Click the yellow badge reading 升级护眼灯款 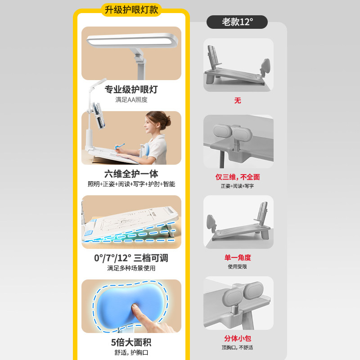coord(131,9)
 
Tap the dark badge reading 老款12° coord(237,22)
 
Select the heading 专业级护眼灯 coord(131,89)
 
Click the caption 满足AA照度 coord(131,99)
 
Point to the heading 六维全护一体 coord(131,174)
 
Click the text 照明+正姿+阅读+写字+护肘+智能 coord(131,184)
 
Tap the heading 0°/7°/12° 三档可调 coord(131,258)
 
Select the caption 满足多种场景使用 coord(131,268)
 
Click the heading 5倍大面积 coord(131,342)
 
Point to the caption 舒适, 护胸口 coord(131,352)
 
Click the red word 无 coord(238,100)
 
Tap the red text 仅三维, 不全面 coord(238,177)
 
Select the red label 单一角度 coord(238,257)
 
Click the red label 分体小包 coord(238,338)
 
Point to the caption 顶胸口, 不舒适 coord(238,347)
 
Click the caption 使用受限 coord(238,266)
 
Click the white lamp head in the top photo coord(128,40)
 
